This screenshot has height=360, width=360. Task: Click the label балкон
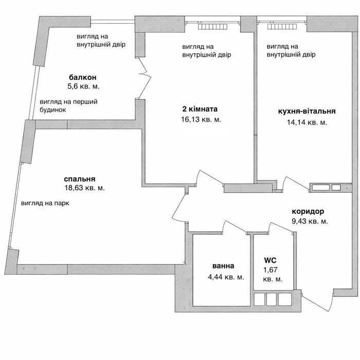pyautogui.click(x=83, y=77)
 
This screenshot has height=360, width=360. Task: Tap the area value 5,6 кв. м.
pyautogui.click(x=83, y=86)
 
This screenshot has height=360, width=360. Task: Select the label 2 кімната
pyautogui.click(x=200, y=109)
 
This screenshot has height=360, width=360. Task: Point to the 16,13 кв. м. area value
pyautogui.click(x=201, y=119)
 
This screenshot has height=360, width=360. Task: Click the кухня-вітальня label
pyautogui.click(x=307, y=111)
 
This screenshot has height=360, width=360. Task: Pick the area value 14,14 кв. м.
pyautogui.click(x=307, y=122)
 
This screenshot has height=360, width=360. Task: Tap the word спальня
pyautogui.click(x=80, y=179)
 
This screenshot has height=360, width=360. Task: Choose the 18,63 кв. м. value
pyautogui.click(x=85, y=188)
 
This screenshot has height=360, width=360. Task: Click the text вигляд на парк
pyautogui.click(x=45, y=203)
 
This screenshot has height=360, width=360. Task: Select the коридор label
pyautogui.click(x=308, y=211)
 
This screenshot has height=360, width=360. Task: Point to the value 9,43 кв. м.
pyautogui.click(x=310, y=221)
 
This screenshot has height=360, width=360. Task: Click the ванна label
pyautogui.click(x=223, y=266)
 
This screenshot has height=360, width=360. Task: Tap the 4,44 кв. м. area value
pyautogui.click(x=226, y=277)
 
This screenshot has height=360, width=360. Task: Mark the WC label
pyautogui.click(x=270, y=260)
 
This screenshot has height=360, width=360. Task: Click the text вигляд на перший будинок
pyautogui.click(x=68, y=105)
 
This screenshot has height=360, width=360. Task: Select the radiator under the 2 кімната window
pyautogui.click(x=212, y=27)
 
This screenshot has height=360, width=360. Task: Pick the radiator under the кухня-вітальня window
pyautogui.click(x=282, y=27)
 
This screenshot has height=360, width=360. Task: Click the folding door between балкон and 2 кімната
pyautogui.click(x=145, y=78)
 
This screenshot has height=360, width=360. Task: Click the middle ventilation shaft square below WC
pyautogui.click(x=272, y=299)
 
